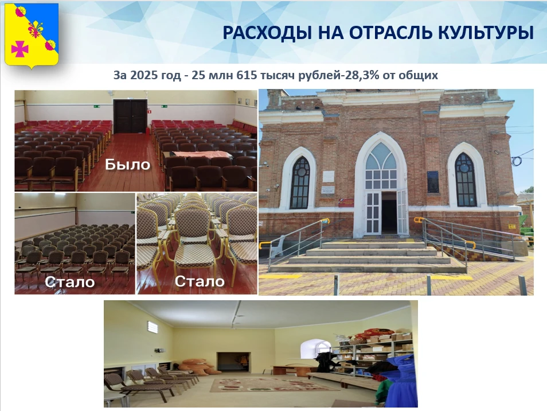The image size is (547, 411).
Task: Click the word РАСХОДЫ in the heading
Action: (x=267, y=33)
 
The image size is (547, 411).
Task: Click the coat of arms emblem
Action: (x=32, y=35)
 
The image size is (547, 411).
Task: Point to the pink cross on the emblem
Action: (x=19, y=48)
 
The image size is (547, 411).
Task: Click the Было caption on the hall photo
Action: (x=128, y=165)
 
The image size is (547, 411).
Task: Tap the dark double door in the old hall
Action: (x=130, y=117)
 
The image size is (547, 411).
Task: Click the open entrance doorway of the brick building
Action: (x=389, y=212)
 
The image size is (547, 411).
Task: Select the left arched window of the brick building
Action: (x=300, y=183)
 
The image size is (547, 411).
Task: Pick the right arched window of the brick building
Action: (x=466, y=180)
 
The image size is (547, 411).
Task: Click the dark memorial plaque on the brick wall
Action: (x=433, y=181)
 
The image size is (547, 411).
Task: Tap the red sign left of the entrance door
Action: (x=346, y=203)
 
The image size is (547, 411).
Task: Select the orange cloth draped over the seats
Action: (x=202, y=154)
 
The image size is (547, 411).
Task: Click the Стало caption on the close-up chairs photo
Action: (x=200, y=281)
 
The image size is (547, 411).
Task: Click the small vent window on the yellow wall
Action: (x=153, y=327)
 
